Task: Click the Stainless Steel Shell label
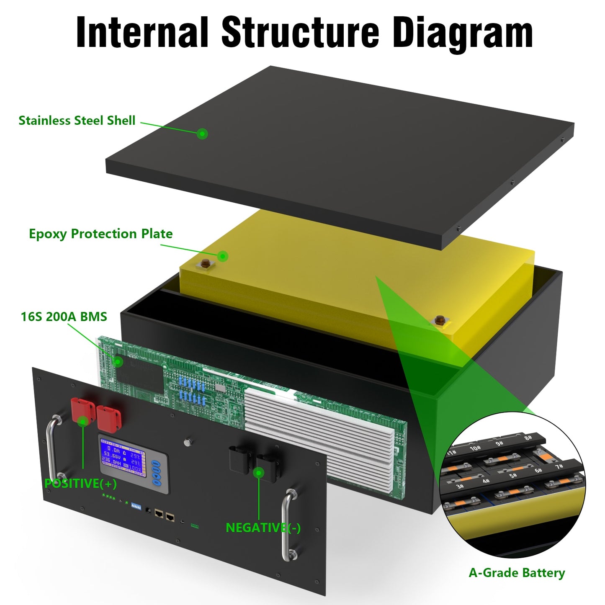(x=77, y=121)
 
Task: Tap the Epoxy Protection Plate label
(x=100, y=234)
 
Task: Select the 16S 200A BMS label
(x=64, y=317)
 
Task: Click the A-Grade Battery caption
(x=517, y=573)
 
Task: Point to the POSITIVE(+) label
(x=80, y=484)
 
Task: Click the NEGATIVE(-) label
(x=263, y=528)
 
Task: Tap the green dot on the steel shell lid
(x=202, y=134)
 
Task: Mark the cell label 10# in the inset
(x=475, y=448)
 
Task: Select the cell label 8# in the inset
(x=528, y=438)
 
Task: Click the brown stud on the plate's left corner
(x=206, y=264)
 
